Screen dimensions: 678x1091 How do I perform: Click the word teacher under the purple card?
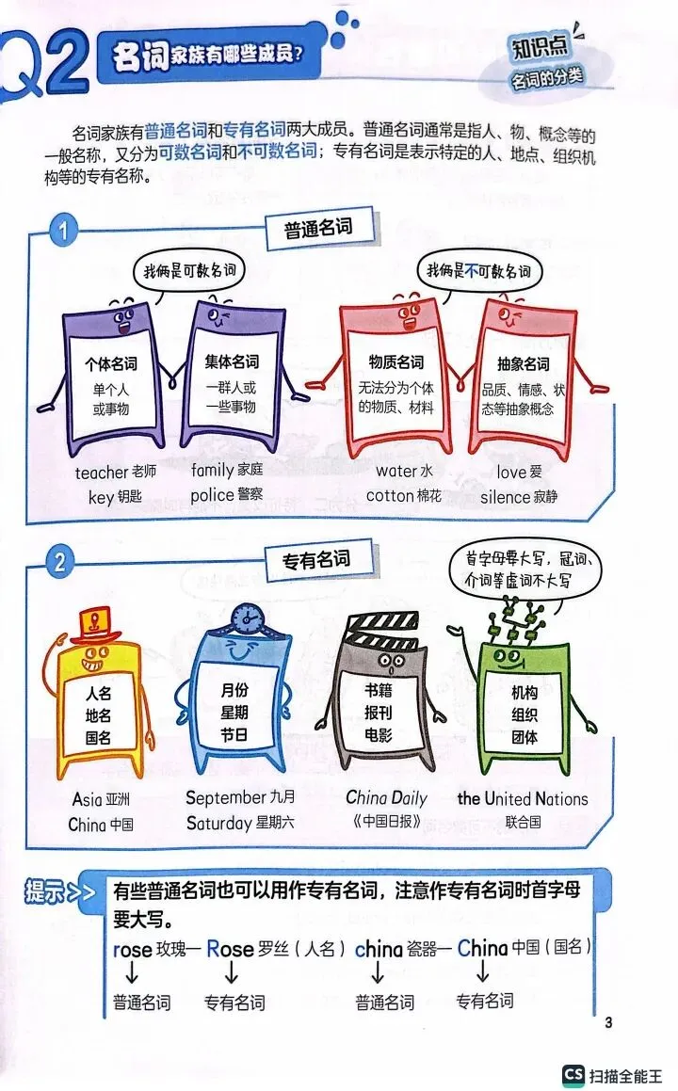(101, 473)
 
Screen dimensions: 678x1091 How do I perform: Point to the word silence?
(505, 496)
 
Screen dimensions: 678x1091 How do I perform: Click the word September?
(226, 798)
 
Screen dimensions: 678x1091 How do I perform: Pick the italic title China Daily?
(386, 798)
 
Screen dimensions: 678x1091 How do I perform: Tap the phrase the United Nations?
(523, 799)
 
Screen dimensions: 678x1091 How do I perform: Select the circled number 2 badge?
(61, 563)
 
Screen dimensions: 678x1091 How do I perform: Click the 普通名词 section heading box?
(317, 229)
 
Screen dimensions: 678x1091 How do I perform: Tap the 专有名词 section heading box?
(316, 559)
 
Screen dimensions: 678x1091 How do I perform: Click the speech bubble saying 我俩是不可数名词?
(478, 272)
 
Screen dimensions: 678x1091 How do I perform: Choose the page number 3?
(608, 1023)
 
